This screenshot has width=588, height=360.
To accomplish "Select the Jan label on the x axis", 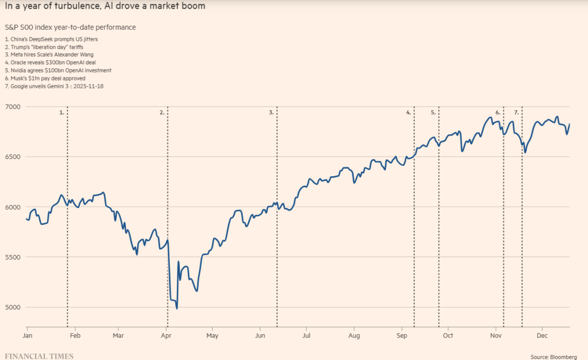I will pos(27,334).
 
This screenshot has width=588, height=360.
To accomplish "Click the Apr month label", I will pos(167,334).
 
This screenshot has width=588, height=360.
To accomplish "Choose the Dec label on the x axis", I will pos(541,334).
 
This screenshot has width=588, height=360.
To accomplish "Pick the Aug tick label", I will pos(354,334).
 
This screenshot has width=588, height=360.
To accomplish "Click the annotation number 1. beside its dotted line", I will pos(62,113).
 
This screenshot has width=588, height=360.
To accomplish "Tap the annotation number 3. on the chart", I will pos(271,113).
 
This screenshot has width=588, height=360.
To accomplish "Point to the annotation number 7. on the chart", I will pos(516,113).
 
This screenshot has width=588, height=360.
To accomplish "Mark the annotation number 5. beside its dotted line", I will pos(433,113).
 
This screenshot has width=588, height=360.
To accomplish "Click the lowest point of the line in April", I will pos(177,308).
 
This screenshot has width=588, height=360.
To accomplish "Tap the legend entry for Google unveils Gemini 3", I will pos(54,86).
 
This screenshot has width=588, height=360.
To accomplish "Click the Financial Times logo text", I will pos(39,356).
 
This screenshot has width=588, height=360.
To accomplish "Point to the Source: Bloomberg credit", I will pos(554,357).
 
